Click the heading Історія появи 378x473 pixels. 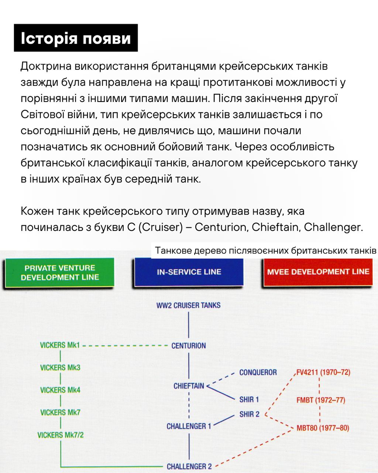pos(76,38)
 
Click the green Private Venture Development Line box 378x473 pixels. pos(59,273)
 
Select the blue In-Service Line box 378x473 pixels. pos(189,272)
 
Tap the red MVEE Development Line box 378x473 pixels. pos(318,272)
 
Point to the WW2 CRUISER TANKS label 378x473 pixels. pos(188,306)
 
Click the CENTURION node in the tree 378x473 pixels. pos(189,346)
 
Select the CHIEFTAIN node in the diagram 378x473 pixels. pos(189,386)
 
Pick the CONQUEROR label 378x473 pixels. pos(258,372)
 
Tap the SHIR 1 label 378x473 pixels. pos(249,399)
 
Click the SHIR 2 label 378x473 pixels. pos(249,415)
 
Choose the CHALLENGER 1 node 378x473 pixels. pos(189,426)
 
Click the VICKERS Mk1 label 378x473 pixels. pos(60,346)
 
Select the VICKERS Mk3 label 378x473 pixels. pos(60,368)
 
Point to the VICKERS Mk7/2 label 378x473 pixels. pos(61,435)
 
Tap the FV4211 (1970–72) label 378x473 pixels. pos(323,372)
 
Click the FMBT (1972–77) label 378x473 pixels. pos(320,400)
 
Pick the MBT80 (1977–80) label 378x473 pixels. pos(323,428)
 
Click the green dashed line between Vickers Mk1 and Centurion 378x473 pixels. pos(126,346)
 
